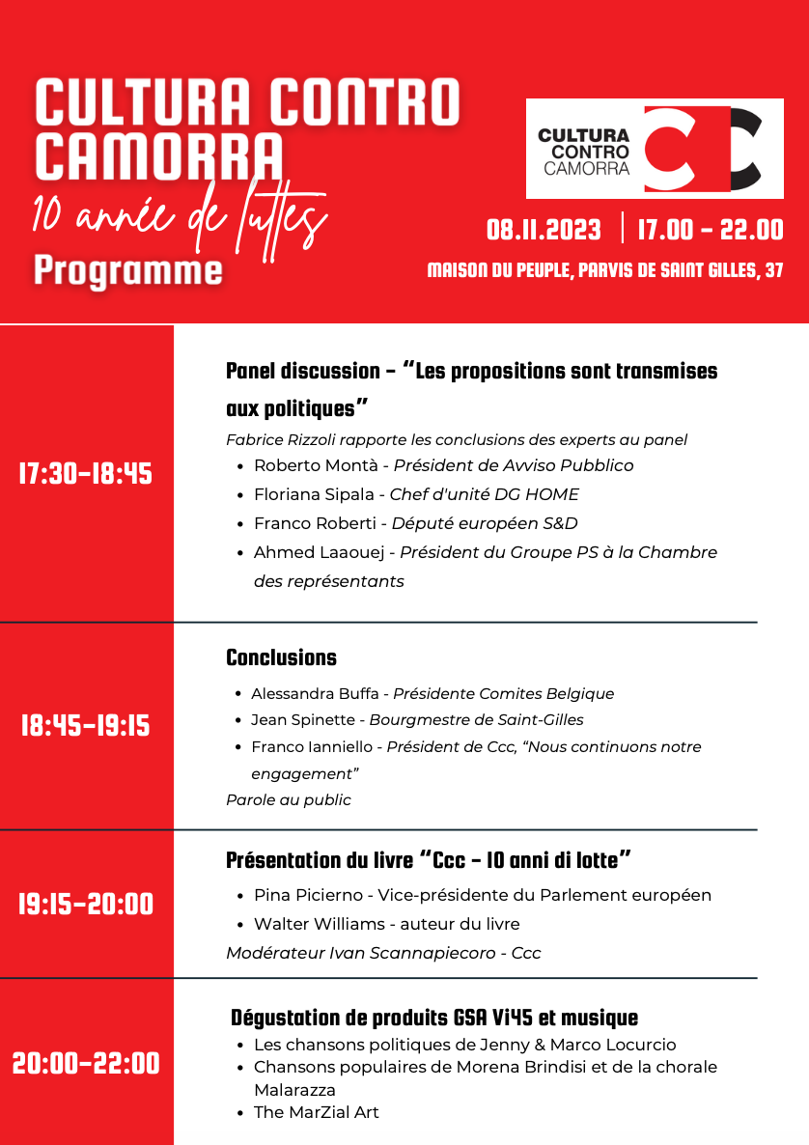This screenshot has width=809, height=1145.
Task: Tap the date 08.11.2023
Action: click(x=544, y=231)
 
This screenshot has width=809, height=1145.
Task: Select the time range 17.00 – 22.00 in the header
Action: click(x=710, y=231)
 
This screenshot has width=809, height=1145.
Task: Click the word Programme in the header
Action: click(x=127, y=270)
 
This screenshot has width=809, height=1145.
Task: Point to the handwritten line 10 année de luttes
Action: click(x=179, y=218)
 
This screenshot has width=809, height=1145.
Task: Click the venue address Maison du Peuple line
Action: click(x=604, y=271)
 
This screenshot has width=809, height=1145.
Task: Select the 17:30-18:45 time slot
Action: click(x=86, y=474)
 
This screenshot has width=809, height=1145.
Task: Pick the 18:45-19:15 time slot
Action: click(x=86, y=726)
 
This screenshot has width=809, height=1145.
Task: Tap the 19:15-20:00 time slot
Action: click(x=86, y=905)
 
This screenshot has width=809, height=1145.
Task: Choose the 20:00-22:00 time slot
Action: click(x=86, y=1064)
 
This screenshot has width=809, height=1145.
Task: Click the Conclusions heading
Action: click(x=281, y=658)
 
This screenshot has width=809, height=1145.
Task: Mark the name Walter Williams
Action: click(x=319, y=924)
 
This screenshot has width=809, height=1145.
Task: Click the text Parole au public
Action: click(x=288, y=799)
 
